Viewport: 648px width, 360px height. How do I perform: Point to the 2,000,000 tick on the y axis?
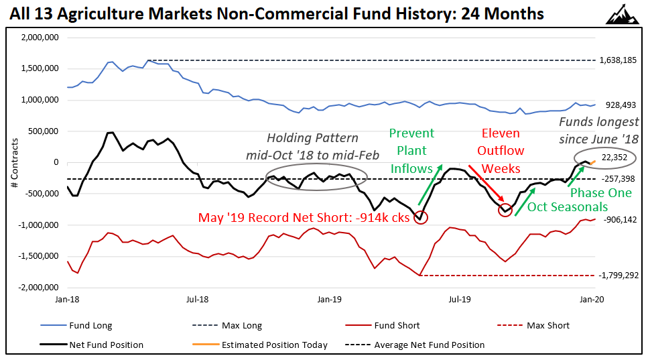click(39, 38)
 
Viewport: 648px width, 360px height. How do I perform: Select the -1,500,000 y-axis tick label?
click(38, 256)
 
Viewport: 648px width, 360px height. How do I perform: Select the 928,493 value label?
click(621, 105)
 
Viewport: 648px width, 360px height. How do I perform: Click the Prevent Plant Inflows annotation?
click(411, 151)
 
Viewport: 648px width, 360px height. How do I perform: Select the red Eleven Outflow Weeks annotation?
click(501, 151)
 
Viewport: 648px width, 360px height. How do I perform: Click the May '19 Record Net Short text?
click(304, 218)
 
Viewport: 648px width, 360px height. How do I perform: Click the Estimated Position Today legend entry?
click(285, 345)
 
